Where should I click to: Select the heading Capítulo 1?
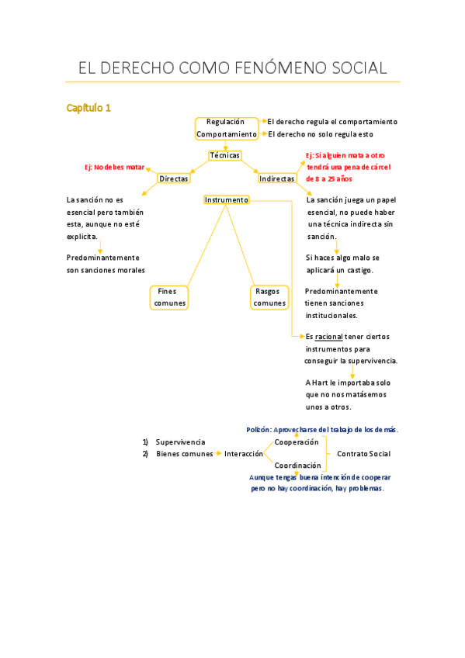88,108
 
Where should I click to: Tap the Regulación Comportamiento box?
226,128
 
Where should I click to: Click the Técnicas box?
224,155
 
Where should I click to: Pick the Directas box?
174,178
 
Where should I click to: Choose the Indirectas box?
277,178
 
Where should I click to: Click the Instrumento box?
227,200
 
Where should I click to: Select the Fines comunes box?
170,297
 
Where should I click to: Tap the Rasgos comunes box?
269,297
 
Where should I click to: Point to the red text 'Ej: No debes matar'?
115,167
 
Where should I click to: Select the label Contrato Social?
363,454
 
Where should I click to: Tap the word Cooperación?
297,442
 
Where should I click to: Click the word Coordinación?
297,466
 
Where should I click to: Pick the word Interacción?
244,454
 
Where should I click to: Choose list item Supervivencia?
180,442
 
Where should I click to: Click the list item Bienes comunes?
184,454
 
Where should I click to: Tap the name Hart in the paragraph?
320,383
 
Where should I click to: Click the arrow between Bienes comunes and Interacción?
218,454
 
